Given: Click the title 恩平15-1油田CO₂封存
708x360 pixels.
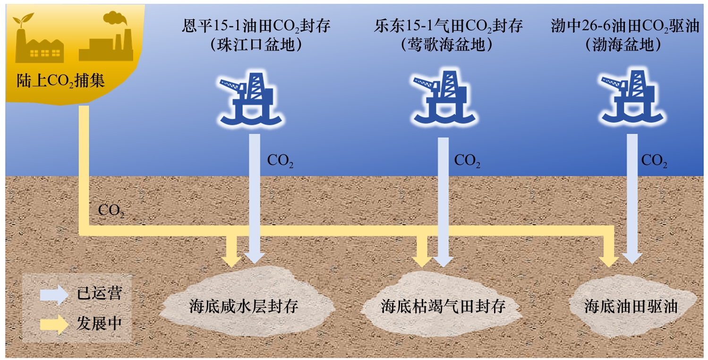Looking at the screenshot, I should pos(256,26).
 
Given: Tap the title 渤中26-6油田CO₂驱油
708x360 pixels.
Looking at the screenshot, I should pos(624,26).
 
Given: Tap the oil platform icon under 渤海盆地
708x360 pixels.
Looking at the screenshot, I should pos(629,97).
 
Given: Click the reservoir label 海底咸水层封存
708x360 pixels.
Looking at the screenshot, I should pos(244,306).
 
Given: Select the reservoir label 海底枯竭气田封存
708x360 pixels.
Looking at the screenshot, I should pos(443,306).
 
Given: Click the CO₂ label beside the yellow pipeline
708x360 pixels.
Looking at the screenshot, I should pos(111,211).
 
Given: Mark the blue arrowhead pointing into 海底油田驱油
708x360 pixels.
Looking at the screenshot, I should pos(632,257).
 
